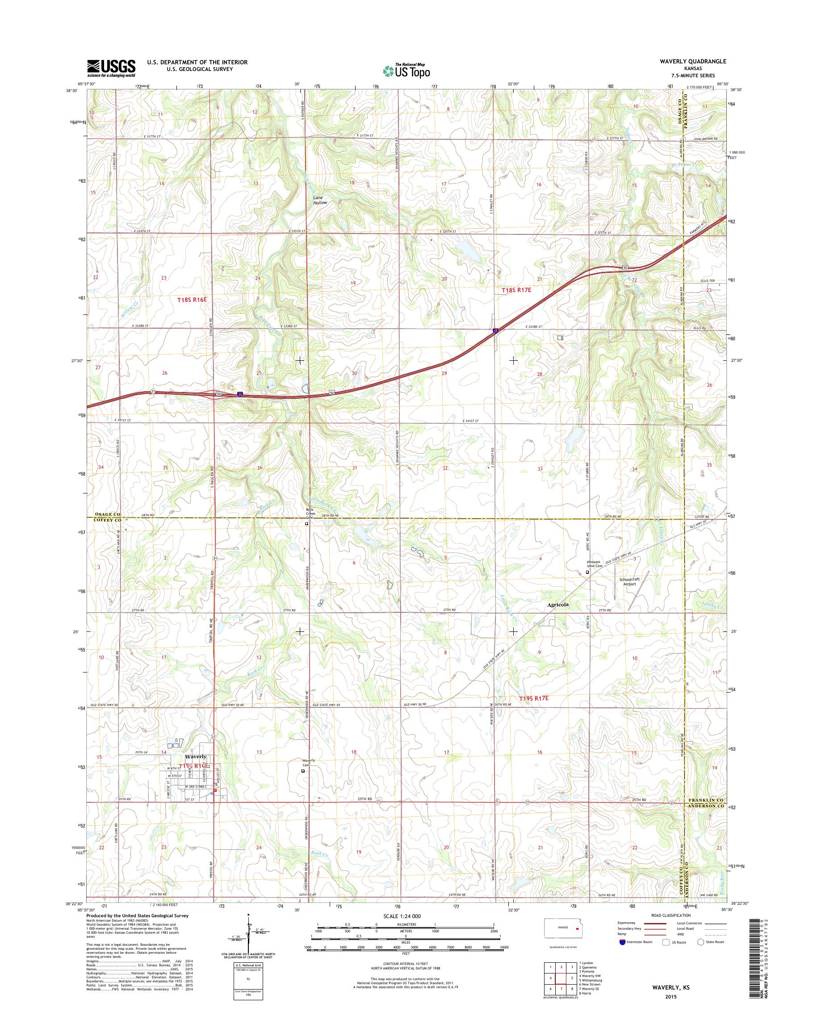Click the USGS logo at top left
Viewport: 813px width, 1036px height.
point(111,68)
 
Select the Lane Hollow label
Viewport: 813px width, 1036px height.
point(320,200)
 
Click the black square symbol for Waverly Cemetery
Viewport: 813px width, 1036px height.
point(303,771)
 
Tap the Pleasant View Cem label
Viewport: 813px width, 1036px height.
point(595,564)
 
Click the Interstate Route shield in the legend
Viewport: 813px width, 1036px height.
point(622,955)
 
